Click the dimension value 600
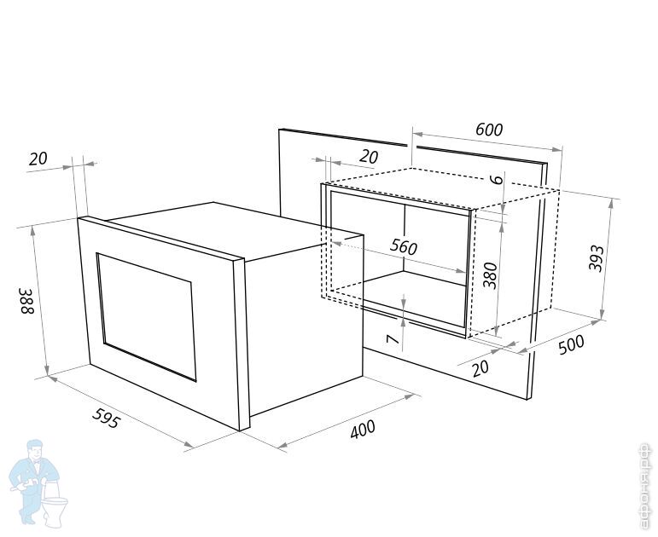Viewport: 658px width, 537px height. tap(489, 130)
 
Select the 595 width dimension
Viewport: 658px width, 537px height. tap(106, 419)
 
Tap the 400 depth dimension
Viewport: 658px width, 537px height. tap(363, 429)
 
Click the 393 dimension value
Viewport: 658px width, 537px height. tap(597, 257)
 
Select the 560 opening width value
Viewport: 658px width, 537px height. tap(403, 247)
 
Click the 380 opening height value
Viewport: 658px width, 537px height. tap(490, 274)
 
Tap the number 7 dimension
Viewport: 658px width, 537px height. tap(393, 338)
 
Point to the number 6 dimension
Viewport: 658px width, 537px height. tap(495, 179)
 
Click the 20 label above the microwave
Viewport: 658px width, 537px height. tap(38, 159)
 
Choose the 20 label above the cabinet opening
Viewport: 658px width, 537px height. tap(369, 157)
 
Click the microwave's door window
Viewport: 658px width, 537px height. tap(145, 315)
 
